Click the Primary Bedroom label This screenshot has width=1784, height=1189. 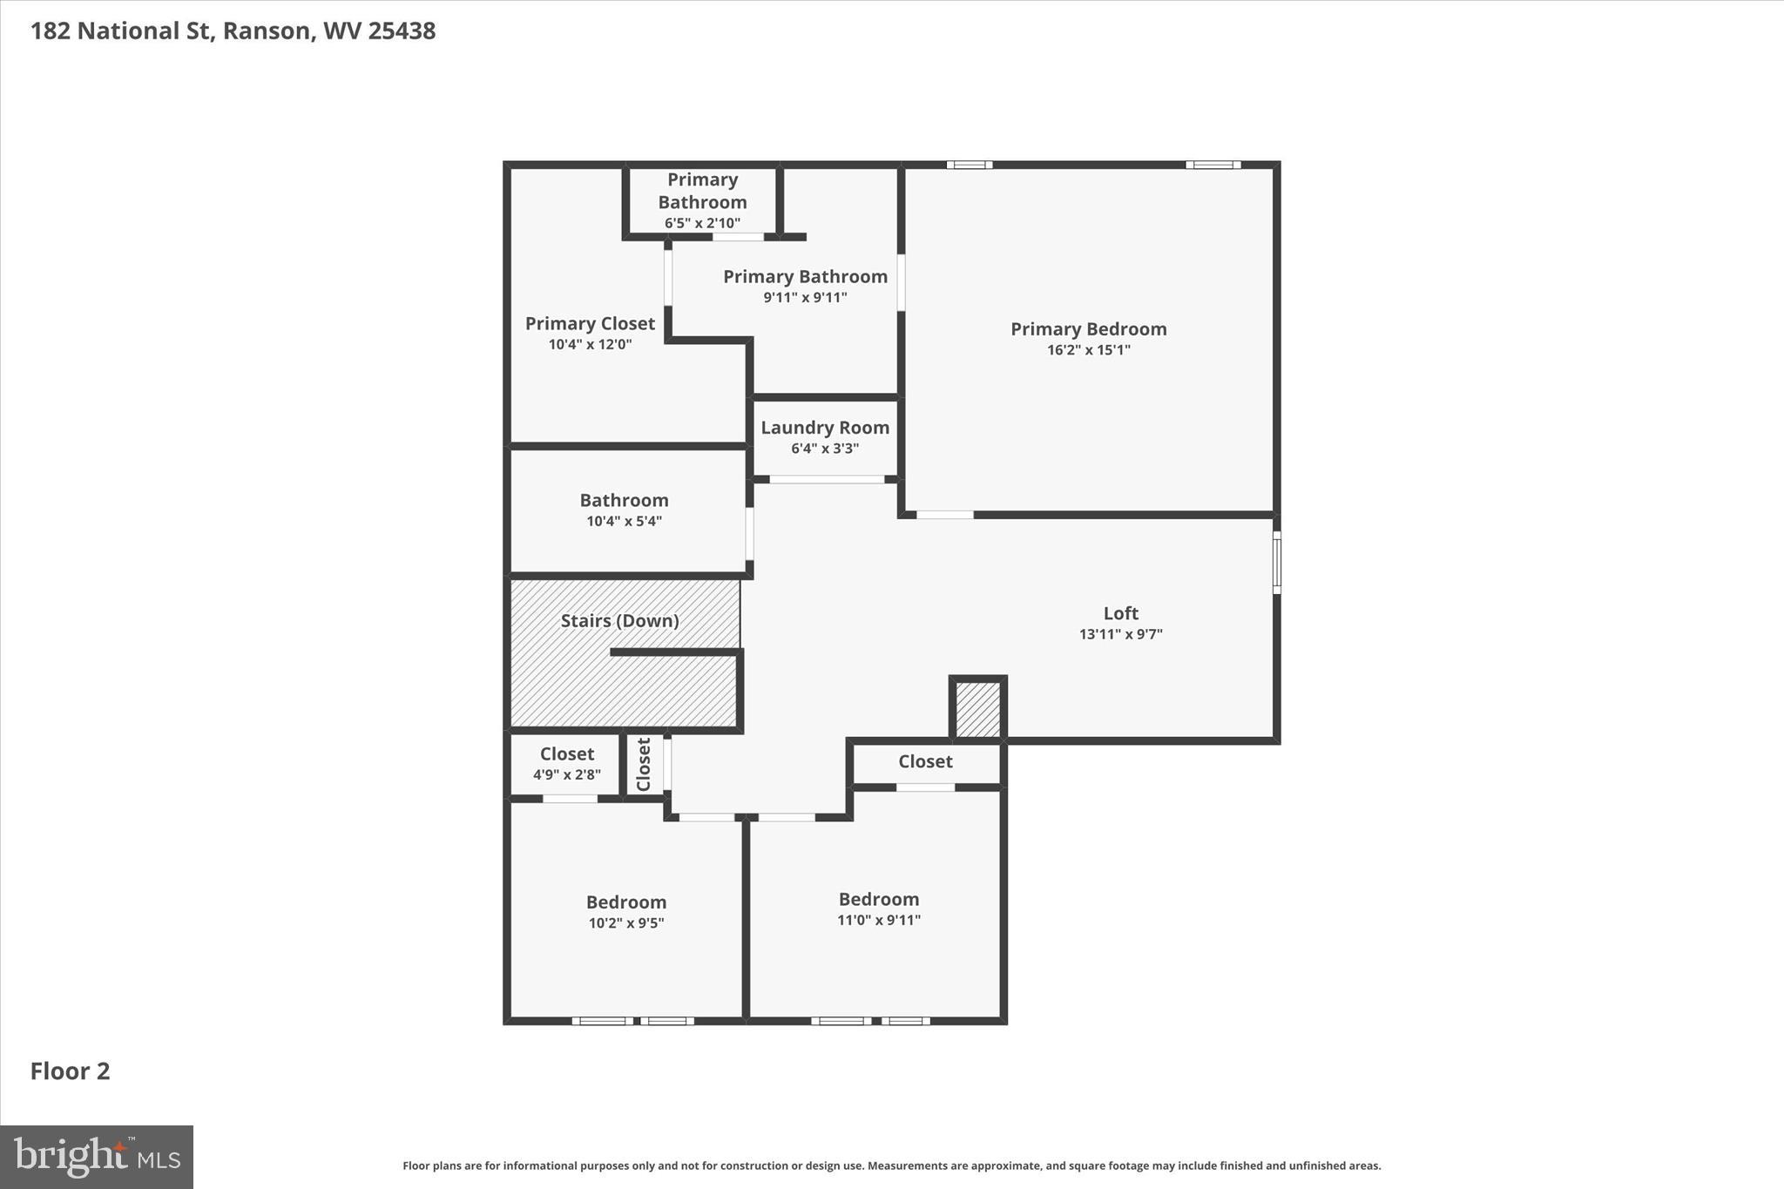click(x=1088, y=329)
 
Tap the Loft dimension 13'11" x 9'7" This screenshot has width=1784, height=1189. click(x=1120, y=634)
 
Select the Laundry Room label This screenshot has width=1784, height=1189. click(x=825, y=428)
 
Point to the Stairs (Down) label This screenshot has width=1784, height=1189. click(x=619, y=621)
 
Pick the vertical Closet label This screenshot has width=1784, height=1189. click(x=644, y=765)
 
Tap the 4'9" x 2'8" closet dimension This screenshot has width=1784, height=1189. click(x=567, y=774)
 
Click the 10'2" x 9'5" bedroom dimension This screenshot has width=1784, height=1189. click(x=626, y=923)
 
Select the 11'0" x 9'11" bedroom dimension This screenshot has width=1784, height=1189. click(x=879, y=920)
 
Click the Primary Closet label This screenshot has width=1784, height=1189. click(x=590, y=324)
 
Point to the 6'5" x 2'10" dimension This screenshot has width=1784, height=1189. click(x=702, y=223)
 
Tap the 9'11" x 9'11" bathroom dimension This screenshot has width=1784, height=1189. click(x=805, y=298)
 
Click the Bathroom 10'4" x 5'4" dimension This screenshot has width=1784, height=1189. click(x=624, y=522)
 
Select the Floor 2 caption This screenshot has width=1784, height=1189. click(x=71, y=1071)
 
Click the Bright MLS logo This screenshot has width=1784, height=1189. click(x=97, y=1158)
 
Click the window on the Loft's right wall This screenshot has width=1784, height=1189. click(x=1277, y=563)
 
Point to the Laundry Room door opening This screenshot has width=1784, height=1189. click(x=827, y=480)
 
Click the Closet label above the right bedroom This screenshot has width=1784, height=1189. click(x=925, y=761)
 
